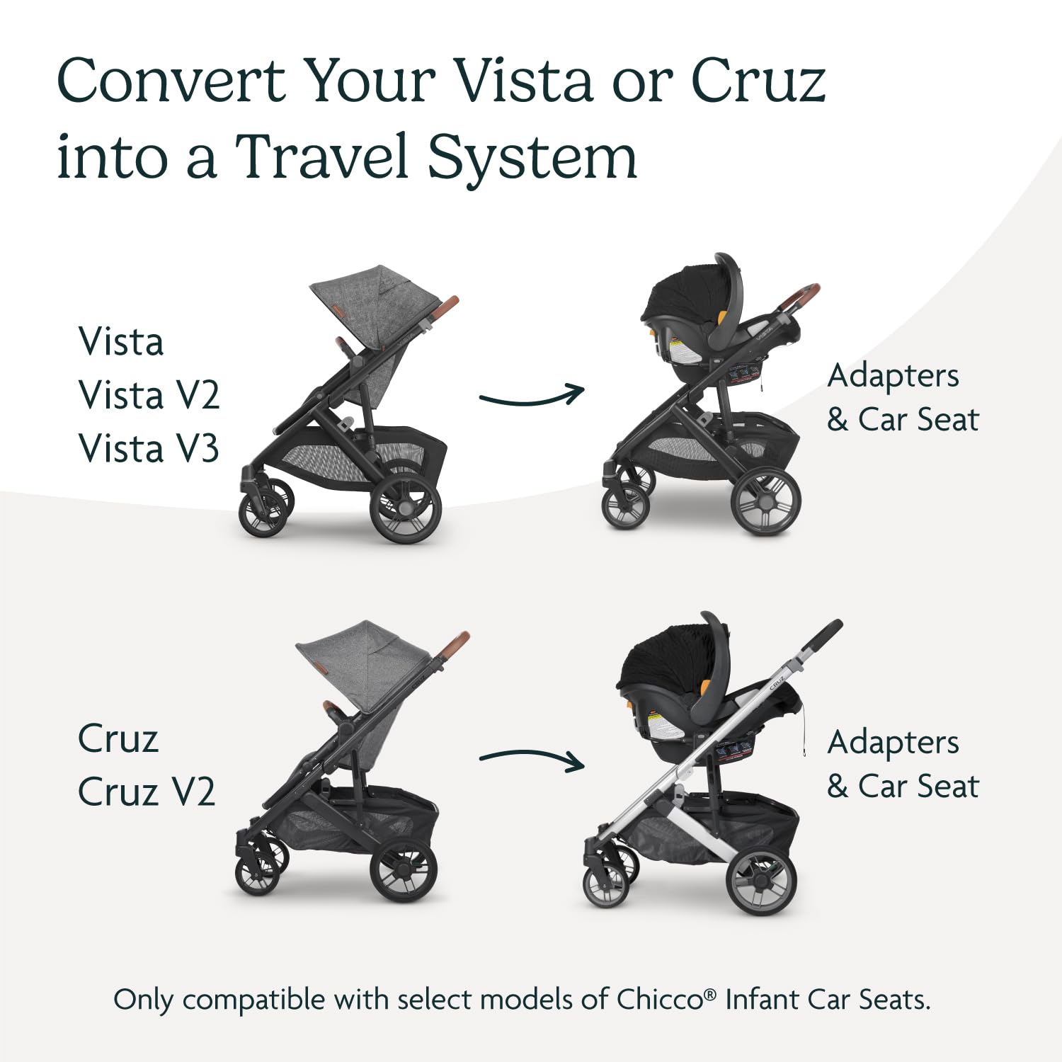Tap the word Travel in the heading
click(322, 156)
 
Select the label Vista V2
click(149, 395)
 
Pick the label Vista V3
click(149, 449)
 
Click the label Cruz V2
click(147, 792)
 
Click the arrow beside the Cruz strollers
click(531, 759)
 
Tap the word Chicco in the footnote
click(659, 1000)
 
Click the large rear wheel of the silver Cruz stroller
click(762, 881)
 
